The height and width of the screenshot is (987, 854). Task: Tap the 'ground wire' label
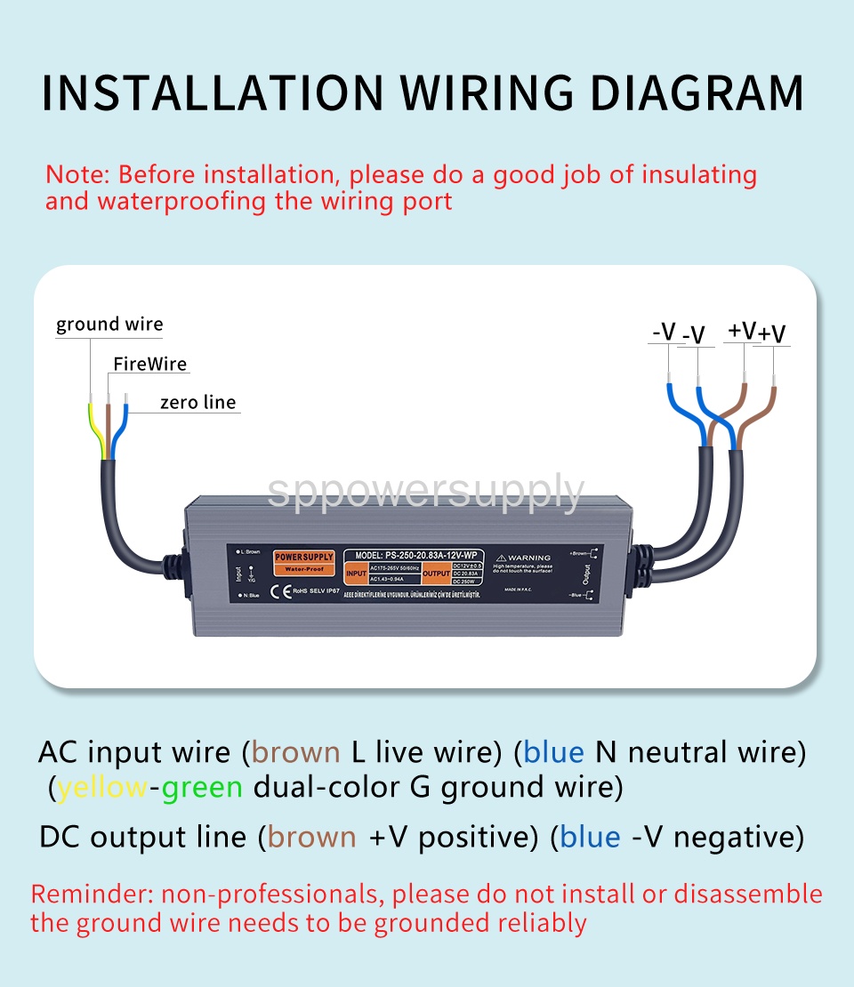[x=109, y=325]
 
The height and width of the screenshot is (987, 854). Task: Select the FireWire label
[x=149, y=365]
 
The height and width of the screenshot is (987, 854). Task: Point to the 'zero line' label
[x=197, y=403]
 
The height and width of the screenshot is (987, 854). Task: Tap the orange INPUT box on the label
[x=355, y=575]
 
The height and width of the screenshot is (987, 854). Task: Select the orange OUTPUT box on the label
[x=436, y=575]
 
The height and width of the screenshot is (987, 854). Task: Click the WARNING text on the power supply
[x=529, y=558]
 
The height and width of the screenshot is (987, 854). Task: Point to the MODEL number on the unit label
[x=413, y=553]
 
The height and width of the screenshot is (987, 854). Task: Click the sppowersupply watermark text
[x=425, y=491]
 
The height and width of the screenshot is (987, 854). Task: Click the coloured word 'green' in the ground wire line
[x=202, y=787]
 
